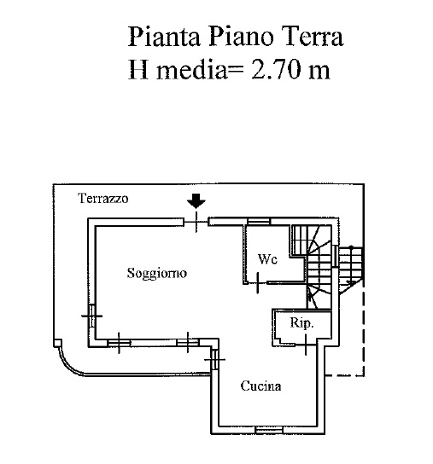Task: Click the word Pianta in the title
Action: pos(164,37)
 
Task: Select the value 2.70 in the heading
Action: pos(276,70)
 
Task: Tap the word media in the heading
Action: pos(190,70)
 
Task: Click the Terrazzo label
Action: pos(102,198)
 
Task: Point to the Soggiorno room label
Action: pos(157,273)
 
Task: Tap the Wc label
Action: pos(267,259)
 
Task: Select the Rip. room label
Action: pos(301,322)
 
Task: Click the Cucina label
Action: pos(260,386)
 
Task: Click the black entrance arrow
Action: pos(196,201)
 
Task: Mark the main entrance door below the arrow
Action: pos(196,222)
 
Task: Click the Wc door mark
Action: pos(258,283)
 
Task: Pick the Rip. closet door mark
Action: pos(306,345)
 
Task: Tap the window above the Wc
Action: pos(259,222)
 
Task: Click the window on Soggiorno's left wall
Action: pos(92,316)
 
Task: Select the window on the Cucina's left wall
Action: pos(215,360)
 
